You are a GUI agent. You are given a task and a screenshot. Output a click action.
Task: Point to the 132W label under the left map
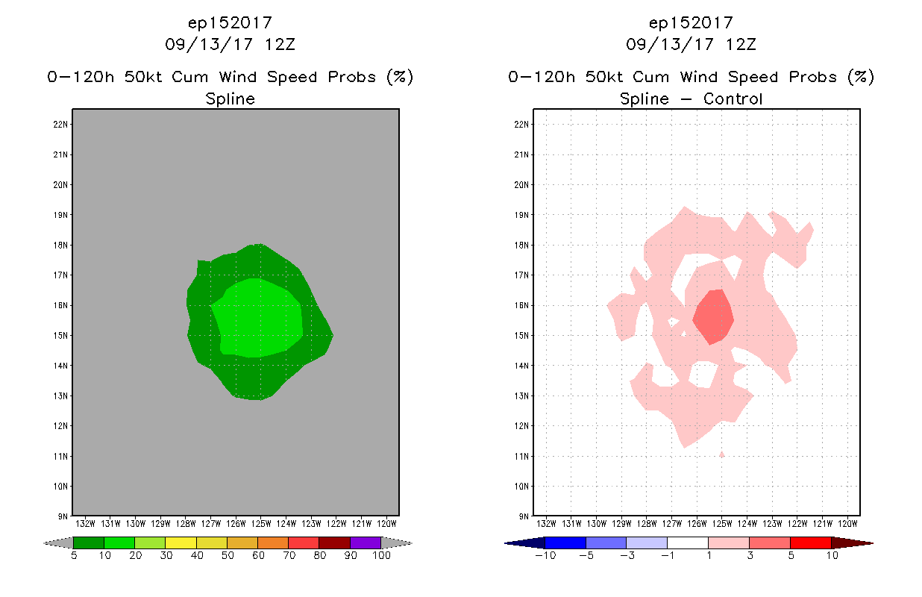point(85,522)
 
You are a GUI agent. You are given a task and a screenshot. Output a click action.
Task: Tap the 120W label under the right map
point(848,522)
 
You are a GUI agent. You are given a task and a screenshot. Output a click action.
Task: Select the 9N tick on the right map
point(525,516)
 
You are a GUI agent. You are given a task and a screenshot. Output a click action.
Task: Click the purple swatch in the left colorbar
point(366,543)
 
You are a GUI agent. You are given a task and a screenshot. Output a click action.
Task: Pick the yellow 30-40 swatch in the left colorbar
point(181,543)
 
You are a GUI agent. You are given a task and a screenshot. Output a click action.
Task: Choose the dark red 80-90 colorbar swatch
point(334,543)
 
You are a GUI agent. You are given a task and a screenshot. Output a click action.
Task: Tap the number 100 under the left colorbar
point(380,556)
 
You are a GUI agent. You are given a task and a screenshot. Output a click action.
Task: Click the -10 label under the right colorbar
point(545,556)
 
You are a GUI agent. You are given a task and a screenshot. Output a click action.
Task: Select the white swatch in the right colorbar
point(687,543)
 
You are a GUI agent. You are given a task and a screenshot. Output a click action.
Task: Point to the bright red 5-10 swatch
point(810,543)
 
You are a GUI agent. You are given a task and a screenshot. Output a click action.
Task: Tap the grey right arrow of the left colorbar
point(397,543)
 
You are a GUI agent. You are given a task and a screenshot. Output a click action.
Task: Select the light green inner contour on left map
point(257,318)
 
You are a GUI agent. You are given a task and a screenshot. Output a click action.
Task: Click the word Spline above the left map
point(230,99)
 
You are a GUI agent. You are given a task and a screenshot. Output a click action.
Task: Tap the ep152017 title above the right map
point(691,22)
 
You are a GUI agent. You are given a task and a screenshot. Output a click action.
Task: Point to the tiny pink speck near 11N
point(721,454)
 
